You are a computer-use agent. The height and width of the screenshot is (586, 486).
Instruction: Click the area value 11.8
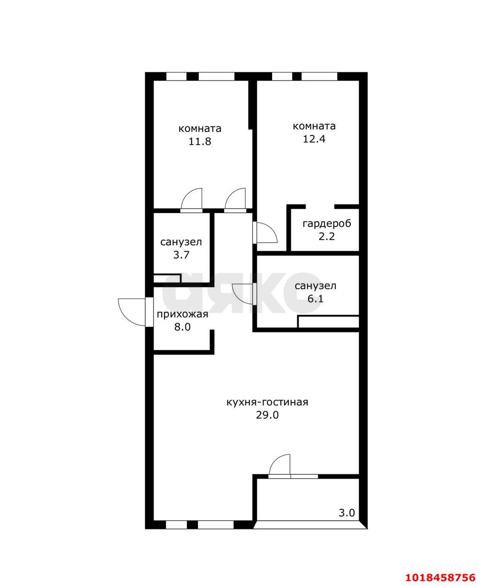pyautogui.click(x=200, y=141)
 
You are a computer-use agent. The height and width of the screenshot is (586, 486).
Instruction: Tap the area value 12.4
pyautogui.click(x=314, y=139)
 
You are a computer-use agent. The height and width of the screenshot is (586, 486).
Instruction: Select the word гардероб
pyautogui.click(x=327, y=224)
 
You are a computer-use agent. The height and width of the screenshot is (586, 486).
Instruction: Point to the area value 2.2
pyautogui.click(x=327, y=237)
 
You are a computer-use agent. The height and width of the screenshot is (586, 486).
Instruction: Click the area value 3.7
pyautogui.click(x=181, y=255)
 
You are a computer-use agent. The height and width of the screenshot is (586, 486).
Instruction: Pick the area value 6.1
pyautogui.click(x=315, y=299)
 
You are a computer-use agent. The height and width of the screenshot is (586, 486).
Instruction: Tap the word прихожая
pyautogui.click(x=182, y=315)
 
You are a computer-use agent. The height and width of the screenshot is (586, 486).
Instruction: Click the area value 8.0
pyautogui.click(x=182, y=327)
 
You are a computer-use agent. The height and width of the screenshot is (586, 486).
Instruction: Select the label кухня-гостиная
pyautogui.click(x=268, y=402)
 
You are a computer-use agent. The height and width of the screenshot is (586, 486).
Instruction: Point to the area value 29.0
pyautogui.click(x=268, y=415)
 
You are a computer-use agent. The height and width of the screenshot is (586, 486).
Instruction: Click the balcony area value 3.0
pyautogui.click(x=347, y=513)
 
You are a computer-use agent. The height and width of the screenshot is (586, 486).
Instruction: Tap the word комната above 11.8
pyautogui.click(x=200, y=129)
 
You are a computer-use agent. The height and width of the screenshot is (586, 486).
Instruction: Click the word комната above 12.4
pyautogui.click(x=314, y=126)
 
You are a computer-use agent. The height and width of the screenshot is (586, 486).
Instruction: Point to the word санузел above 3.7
pyautogui.click(x=181, y=242)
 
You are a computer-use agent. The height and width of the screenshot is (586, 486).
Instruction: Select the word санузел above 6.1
pyautogui.click(x=315, y=286)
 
